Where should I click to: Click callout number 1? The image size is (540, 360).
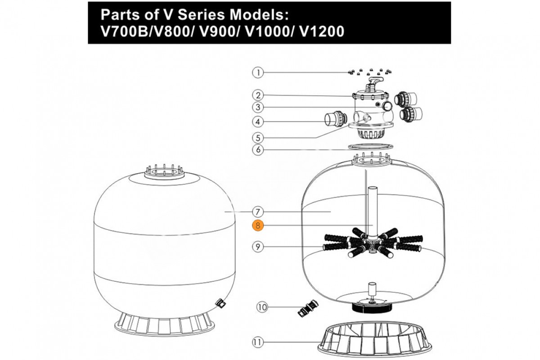click(x=257, y=72)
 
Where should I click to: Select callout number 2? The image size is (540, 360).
click(x=257, y=95)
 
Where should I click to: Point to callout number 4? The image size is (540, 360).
click(x=257, y=121)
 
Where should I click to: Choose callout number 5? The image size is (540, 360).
click(x=257, y=137)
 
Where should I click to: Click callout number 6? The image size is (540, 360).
click(x=257, y=149)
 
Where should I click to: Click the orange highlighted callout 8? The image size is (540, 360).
click(x=257, y=226)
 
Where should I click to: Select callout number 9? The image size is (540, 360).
click(x=257, y=246)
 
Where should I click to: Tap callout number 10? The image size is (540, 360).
click(x=262, y=307)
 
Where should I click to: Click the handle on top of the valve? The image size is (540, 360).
click(x=374, y=82)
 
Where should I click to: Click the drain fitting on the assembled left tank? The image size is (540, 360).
click(x=220, y=304)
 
